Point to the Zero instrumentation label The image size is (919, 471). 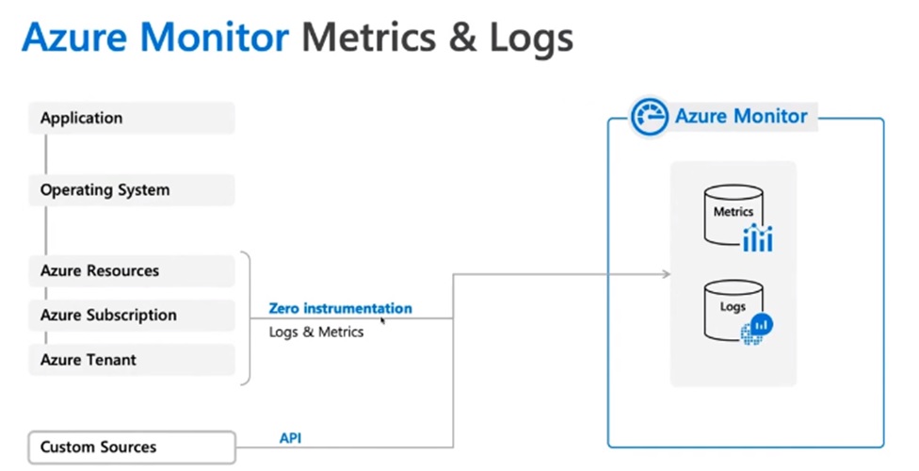point(340,308)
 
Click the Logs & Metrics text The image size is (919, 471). point(316,332)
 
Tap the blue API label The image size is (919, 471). point(291,438)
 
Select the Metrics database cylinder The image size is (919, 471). point(733,216)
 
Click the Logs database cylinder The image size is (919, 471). point(732,310)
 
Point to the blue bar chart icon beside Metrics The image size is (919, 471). point(757,239)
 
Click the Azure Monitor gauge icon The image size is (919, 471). point(649,117)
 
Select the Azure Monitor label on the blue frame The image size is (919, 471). point(741,116)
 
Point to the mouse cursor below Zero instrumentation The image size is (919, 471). point(382,320)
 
